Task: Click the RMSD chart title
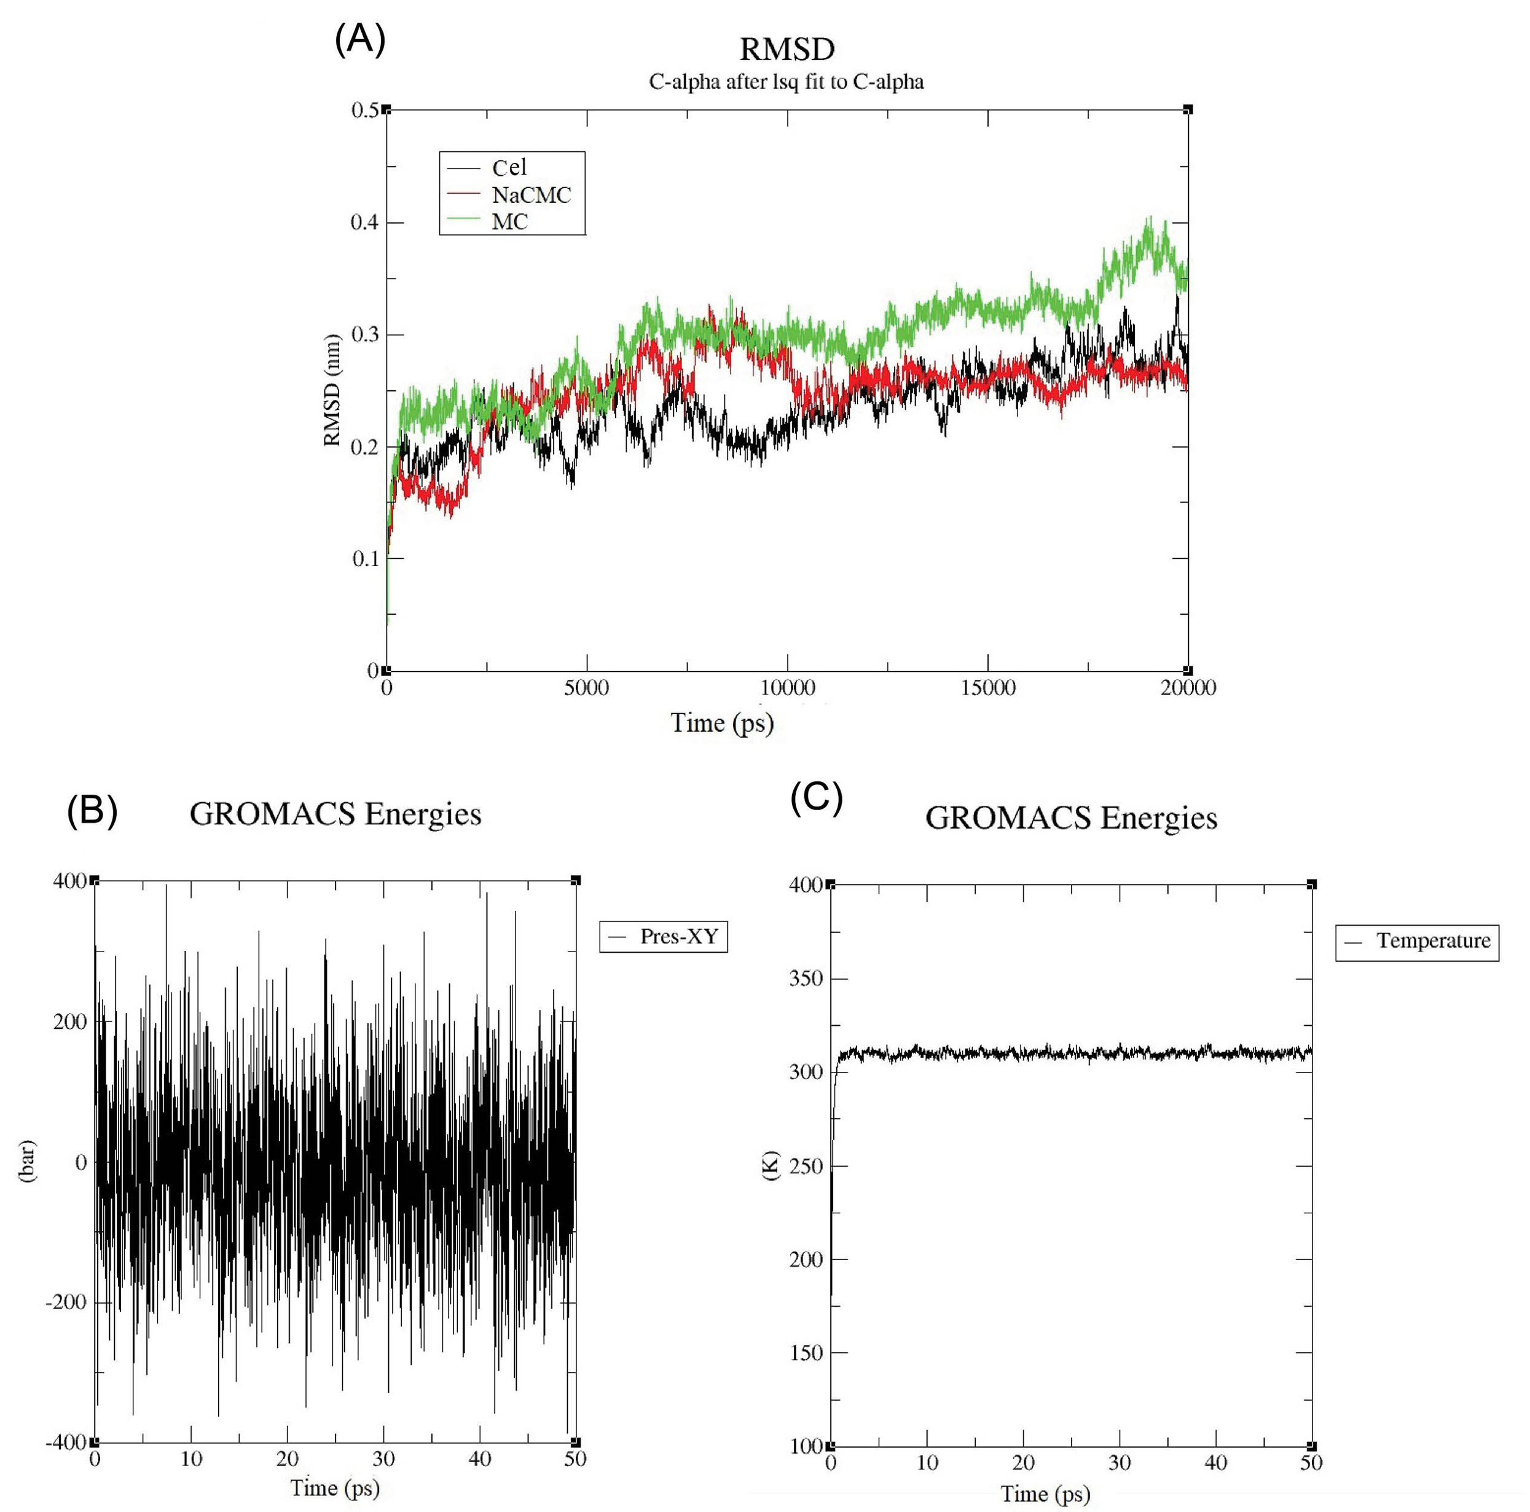pos(787,49)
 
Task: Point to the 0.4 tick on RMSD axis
pos(364,222)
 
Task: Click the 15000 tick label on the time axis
pos(987,688)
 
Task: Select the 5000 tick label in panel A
pos(586,688)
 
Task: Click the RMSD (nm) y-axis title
pos(332,390)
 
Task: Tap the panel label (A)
pos(360,39)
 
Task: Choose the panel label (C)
pos(817,798)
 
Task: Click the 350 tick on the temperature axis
pos(806,978)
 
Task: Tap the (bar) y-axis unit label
pos(27,1161)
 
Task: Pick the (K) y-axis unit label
pos(771,1165)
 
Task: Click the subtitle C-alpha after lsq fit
pos(786,82)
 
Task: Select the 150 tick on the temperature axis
pos(806,1352)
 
